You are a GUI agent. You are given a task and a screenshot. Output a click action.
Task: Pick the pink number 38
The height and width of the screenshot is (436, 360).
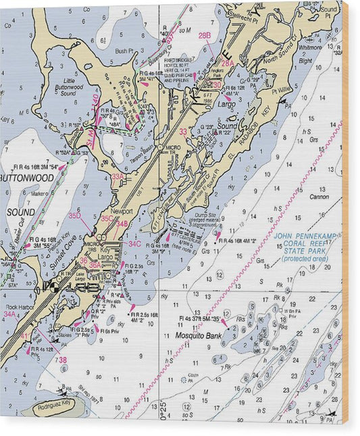pyautogui.click(x=62, y=360)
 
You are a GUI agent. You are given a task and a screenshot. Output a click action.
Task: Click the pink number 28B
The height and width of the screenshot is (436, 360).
pyautogui.click(x=205, y=34)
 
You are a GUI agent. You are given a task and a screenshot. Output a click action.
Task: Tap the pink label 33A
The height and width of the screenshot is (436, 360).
pyautogui.click(x=118, y=176)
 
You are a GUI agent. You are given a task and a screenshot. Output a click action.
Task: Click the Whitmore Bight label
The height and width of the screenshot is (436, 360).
pyautogui.click(x=310, y=53)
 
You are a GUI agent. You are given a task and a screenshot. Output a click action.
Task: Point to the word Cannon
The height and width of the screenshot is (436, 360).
pyautogui.click(x=319, y=197)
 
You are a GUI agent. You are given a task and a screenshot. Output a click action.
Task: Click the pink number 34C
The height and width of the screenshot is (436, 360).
pyautogui.click(x=135, y=243)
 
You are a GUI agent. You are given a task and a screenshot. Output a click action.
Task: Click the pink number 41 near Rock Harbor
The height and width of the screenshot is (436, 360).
pyautogui.click(x=24, y=336)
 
